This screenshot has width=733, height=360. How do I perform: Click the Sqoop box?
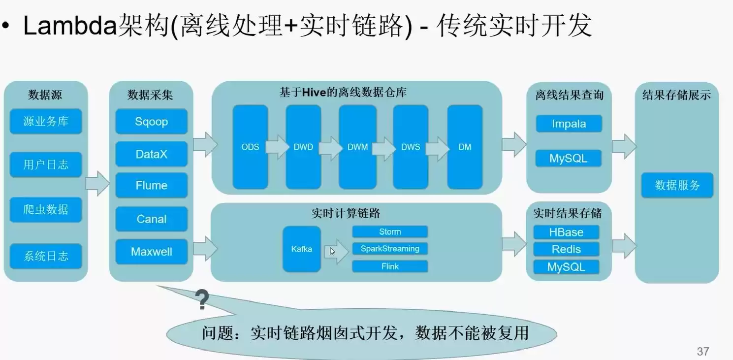pyautogui.click(x=152, y=122)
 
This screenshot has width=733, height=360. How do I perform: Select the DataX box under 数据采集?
pyautogui.click(x=152, y=154)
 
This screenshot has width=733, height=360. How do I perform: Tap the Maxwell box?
pyautogui.click(x=152, y=252)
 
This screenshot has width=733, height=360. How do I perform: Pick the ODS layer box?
pyautogui.click(x=250, y=147)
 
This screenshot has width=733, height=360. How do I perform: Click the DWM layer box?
pyautogui.click(x=357, y=147)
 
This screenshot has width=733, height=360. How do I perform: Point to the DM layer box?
pyautogui.click(x=465, y=147)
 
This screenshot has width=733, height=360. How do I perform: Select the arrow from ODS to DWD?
pyautogui.click(x=277, y=147)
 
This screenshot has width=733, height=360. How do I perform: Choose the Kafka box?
pyautogui.click(x=301, y=249)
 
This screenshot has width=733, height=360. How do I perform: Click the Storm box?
pyautogui.click(x=390, y=232)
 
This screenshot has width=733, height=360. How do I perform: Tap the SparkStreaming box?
pyautogui.click(x=390, y=249)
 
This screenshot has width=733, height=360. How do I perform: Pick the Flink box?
pyautogui.click(x=390, y=266)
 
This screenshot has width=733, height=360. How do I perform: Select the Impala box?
pyautogui.click(x=569, y=124)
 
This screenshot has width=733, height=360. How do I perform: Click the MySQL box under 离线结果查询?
pyautogui.click(x=569, y=159)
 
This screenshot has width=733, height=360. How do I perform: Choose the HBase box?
pyautogui.click(x=566, y=232)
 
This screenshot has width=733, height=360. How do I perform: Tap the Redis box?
pyautogui.click(x=566, y=249)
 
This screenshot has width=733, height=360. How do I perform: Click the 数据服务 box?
pyautogui.click(x=677, y=185)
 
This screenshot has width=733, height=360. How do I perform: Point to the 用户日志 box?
pyautogui.click(x=46, y=164)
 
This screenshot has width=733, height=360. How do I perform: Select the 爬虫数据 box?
pyautogui.click(x=46, y=209)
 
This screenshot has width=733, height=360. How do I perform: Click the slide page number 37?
pyautogui.click(x=703, y=351)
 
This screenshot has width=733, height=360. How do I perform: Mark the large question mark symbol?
pyautogui.click(x=202, y=299)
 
